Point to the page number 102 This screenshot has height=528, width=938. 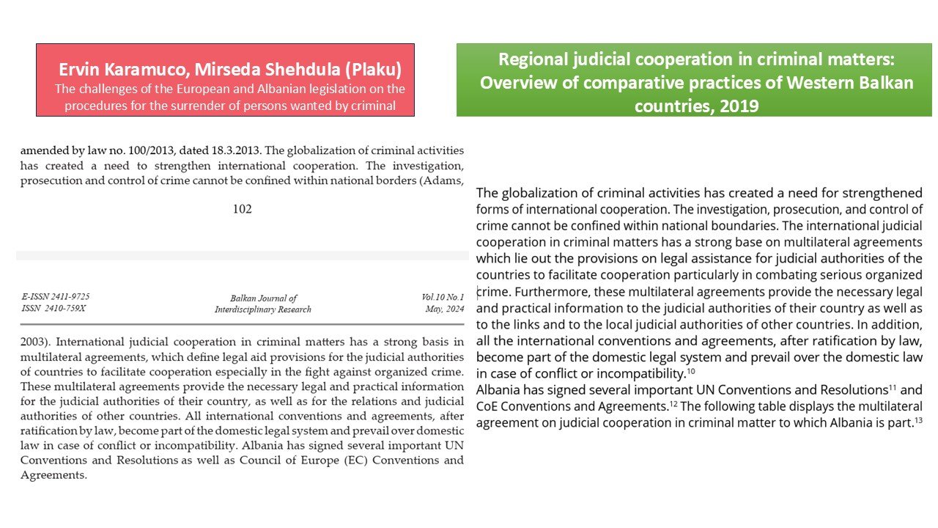click(x=242, y=209)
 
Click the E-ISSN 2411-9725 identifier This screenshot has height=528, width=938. click(x=56, y=296)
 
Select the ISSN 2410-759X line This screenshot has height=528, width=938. click(x=53, y=308)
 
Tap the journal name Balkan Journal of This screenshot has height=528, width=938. click(x=263, y=298)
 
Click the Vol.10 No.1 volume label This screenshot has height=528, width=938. click(x=443, y=296)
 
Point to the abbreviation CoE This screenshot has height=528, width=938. click(x=489, y=406)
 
